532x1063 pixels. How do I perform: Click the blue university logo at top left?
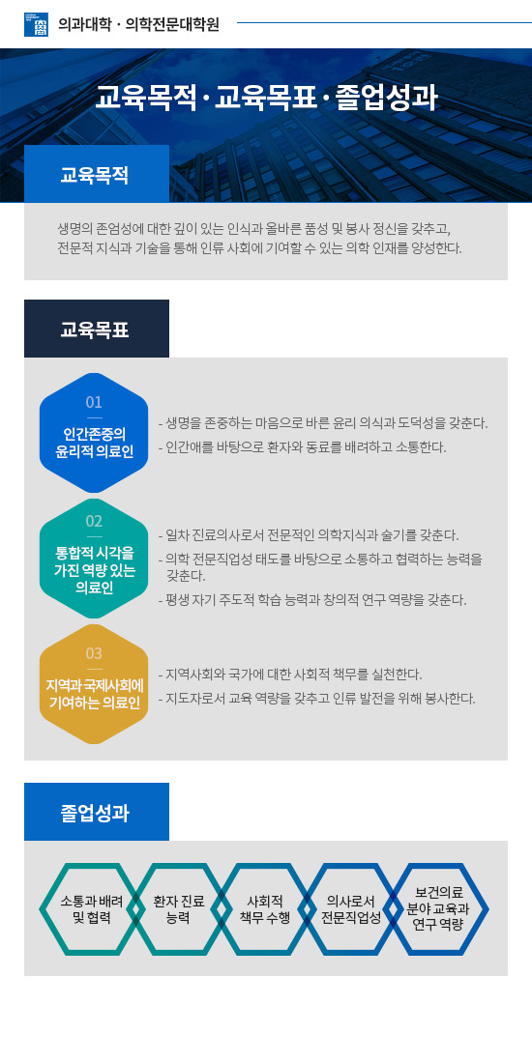[x=36, y=24]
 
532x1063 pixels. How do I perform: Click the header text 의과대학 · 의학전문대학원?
[x=139, y=24]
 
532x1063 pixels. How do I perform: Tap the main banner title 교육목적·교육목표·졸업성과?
[x=266, y=98]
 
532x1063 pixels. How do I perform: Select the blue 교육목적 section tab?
[x=97, y=174]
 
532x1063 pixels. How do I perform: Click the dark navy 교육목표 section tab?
[x=97, y=329]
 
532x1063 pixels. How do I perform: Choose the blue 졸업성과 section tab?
[x=97, y=812]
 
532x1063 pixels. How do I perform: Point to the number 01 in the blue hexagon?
[x=94, y=402]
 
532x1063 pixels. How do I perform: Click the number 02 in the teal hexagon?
[x=94, y=521]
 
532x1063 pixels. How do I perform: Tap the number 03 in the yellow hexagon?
[x=94, y=653]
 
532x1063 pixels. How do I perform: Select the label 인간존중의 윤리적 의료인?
[x=94, y=443]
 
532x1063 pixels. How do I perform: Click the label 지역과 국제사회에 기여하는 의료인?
[x=94, y=692]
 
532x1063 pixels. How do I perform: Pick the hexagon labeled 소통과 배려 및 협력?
[x=90, y=908]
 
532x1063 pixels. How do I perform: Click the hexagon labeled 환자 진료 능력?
[x=178, y=908]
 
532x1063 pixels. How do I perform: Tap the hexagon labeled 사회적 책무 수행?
[x=265, y=908]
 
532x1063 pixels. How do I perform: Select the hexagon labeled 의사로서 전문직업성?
[x=351, y=908]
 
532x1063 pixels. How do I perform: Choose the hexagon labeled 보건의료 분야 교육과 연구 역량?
[x=437, y=908]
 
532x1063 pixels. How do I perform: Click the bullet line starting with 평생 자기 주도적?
[x=312, y=600]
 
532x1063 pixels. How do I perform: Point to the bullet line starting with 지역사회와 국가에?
[x=290, y=675]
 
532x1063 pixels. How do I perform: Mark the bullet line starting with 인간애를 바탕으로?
[x=302, y=447]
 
